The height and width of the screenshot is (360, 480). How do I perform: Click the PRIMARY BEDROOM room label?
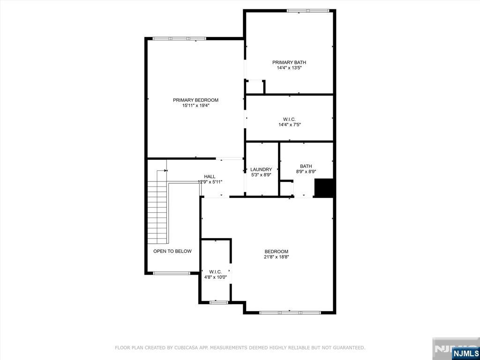click(195, 100)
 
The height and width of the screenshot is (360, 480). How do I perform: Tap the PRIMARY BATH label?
click(289, 62)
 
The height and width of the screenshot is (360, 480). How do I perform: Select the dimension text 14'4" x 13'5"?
click(289, 68)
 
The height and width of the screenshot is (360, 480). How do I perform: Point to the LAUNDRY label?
click(261, 169)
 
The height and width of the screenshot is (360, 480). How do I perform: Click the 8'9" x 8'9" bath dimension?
click(306, 172)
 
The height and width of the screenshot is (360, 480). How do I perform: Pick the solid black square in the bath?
click(324, 187)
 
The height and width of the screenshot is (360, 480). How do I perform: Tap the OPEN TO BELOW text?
click(172, 251)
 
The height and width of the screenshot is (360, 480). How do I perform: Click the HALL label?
click(210, 176)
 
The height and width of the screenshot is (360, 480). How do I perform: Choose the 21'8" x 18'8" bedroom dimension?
click(277, 257)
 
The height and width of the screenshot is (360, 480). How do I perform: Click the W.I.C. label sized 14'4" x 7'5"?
click(289, 120)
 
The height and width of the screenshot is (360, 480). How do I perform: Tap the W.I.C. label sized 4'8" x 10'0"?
click(215, 272)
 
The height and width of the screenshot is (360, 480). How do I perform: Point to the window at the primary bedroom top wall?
click(180, 38)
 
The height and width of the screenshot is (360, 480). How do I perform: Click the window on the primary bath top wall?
click(308, 11)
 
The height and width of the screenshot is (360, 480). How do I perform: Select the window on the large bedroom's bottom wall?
click(290, 313)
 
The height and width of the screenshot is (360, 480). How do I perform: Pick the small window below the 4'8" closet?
click(219, 302)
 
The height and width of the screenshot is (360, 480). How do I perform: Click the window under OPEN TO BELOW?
click(172, 273)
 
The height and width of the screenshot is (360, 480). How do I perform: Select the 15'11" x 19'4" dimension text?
click(195, 105)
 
